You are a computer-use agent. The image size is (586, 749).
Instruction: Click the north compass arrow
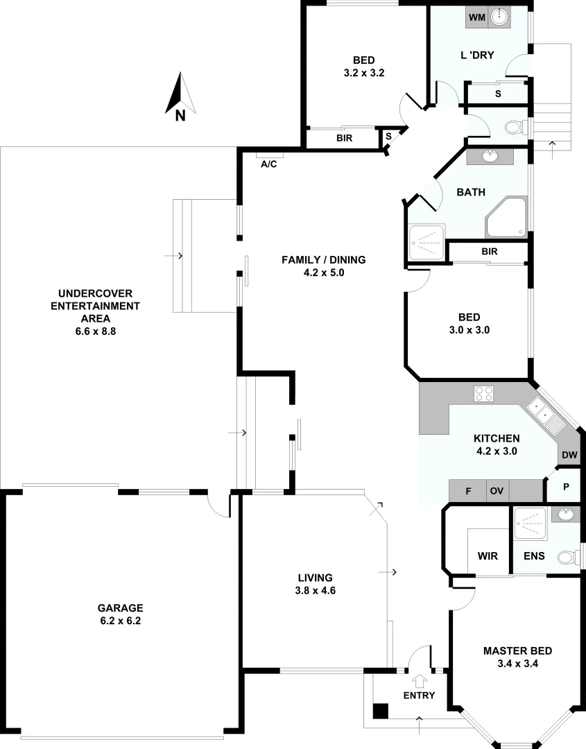180,95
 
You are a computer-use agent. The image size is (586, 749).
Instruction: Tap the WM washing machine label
476,17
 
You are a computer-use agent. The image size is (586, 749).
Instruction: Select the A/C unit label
268,164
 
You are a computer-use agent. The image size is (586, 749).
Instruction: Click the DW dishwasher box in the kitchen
569,455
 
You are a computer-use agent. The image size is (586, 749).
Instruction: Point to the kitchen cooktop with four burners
483,394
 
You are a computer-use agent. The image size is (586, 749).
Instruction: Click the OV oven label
497,491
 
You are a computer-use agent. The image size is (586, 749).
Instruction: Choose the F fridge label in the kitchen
468,491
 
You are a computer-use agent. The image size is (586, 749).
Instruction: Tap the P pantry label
566,488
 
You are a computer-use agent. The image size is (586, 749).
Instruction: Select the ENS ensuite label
534,556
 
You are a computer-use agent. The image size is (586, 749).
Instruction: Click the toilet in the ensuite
567,556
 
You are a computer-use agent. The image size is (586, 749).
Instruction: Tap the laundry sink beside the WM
499,17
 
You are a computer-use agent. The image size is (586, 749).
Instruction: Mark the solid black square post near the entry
380,711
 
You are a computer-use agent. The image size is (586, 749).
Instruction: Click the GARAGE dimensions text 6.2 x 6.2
119,621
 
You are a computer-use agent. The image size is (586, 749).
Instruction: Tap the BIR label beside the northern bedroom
345,138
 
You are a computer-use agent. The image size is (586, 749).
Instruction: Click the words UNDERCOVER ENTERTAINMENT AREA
99,305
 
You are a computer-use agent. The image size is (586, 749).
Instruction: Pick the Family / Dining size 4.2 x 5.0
323,273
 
